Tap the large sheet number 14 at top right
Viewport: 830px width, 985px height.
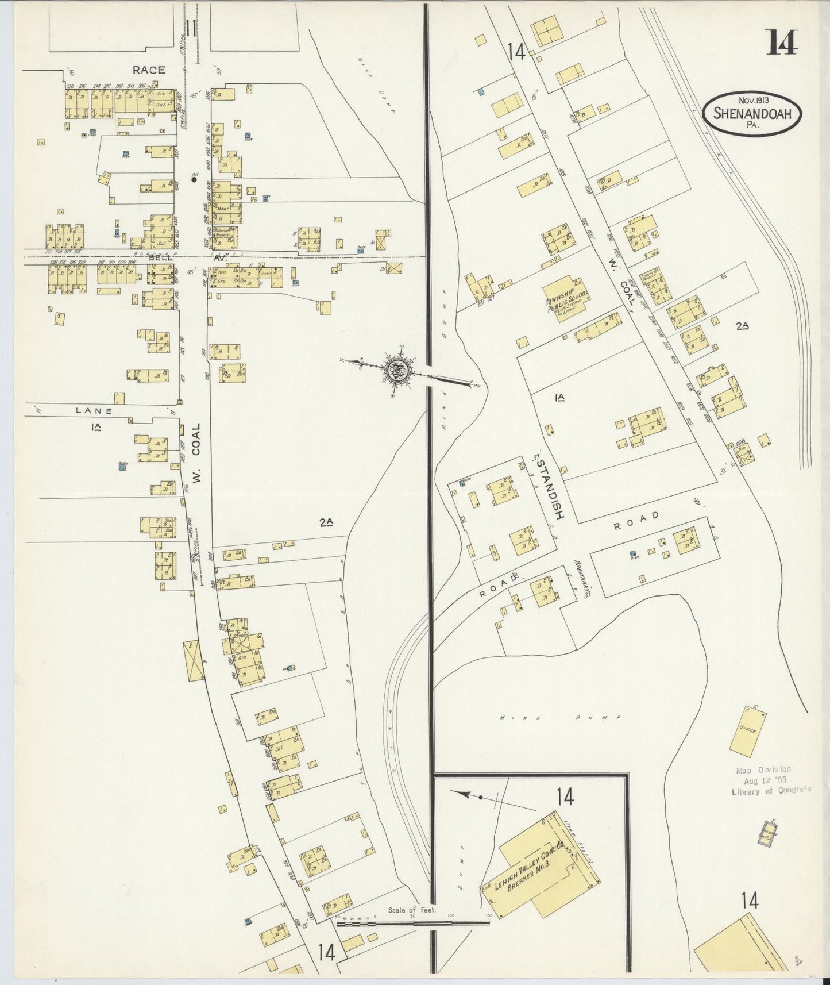coord(782,42)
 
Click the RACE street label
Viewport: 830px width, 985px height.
coord(149,70)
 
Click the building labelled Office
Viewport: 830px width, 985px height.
coord(748,730)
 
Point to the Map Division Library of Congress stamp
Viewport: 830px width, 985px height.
coord(770,780)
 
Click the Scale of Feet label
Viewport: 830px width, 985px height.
coord(412,910)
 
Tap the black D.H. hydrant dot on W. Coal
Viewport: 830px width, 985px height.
coord(194,180)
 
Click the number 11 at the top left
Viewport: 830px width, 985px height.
coord(191,28)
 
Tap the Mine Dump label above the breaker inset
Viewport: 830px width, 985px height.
coord(559,718)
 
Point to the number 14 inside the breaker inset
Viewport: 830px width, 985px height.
coord(565,797)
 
